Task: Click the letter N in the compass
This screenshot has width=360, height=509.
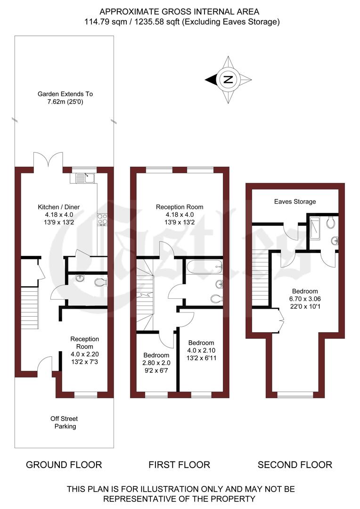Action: pyautogui.click(x=228, y=79)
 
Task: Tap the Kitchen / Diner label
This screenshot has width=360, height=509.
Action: pyautogui.click(x=59, y=206)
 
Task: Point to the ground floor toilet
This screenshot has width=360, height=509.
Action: pyautogui.click(x=100, y=282)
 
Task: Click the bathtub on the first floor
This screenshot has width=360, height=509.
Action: pyautogui.click(x=205, y=267)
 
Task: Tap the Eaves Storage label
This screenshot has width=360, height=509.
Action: pyautogui.click(x=295, y=202)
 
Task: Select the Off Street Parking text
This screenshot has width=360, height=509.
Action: pyautogui.click(x=64, y=422)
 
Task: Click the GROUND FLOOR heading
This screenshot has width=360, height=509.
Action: pyautogui.click(x=64, y=465)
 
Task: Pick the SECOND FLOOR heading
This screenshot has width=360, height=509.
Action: pyautogui.click(x=295, y=465)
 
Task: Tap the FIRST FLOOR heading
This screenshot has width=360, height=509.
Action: pyautogui.click(x=179, y=465)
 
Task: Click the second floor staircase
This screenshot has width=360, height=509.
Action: pyautogui.click(x=260, y=278)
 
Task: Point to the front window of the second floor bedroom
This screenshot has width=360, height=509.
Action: pyautogui.click(x=295, y=394)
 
